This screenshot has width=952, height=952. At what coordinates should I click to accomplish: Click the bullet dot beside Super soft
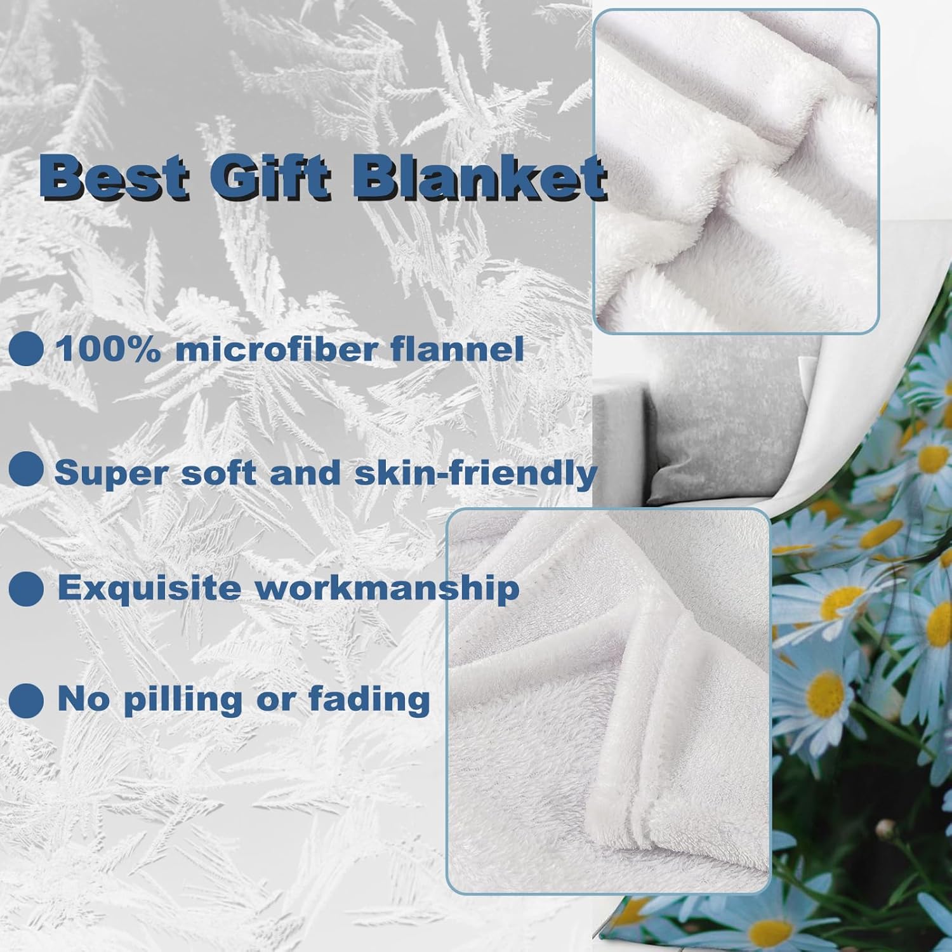tap(26, 470)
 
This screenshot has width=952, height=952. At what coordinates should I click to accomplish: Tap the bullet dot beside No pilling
tap(26, 699)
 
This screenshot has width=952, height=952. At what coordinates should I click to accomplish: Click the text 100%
tap(109, 349)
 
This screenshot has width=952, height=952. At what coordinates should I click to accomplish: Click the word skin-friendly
tap(476, 473)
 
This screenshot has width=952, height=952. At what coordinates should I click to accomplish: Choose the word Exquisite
tap(150, 588)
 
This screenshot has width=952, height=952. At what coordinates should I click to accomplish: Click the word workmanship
tap(387, 588)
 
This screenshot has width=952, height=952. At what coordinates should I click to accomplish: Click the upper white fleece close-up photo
tap(736, 171)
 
